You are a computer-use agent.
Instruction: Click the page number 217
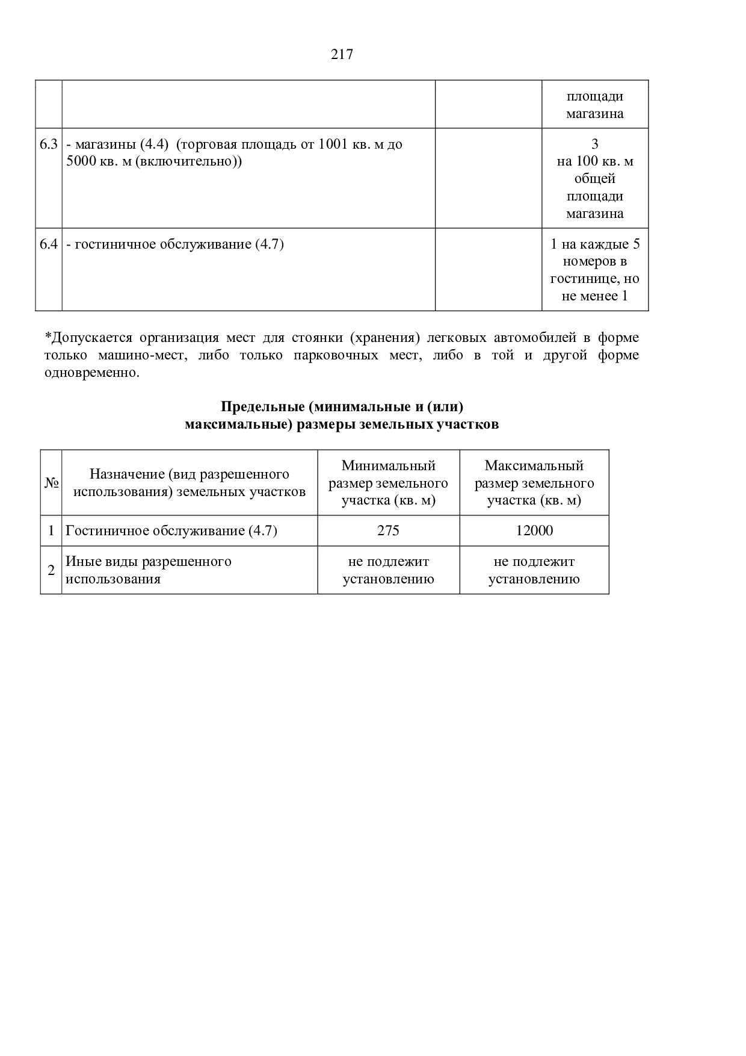pos(342,55)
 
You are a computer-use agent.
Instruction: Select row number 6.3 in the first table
pos(49,144)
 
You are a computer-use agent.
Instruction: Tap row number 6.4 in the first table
pos(49,244)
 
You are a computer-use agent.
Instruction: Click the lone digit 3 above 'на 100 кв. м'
pos(595,144)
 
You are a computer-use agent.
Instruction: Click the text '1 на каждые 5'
pos(595,244)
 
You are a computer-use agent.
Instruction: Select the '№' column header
pos(51,483)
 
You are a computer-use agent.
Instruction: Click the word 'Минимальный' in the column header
pos(389,465)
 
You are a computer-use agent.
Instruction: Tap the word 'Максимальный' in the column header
pos(534,465)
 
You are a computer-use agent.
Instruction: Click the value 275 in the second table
pos(389,531)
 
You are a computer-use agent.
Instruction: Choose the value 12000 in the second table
pos(534,531)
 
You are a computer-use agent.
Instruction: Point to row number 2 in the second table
pos(51,570)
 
